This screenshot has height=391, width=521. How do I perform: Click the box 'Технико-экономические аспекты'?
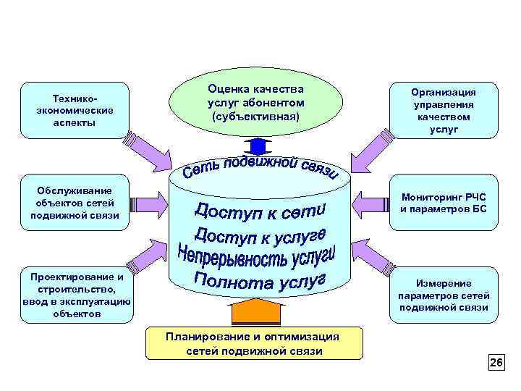coord(75,110)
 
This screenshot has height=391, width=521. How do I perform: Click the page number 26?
coord(496,362)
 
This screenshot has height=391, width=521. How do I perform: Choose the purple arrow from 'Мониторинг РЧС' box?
coord(370,201)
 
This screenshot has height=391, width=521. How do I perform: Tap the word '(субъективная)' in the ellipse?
coord(255,116)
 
